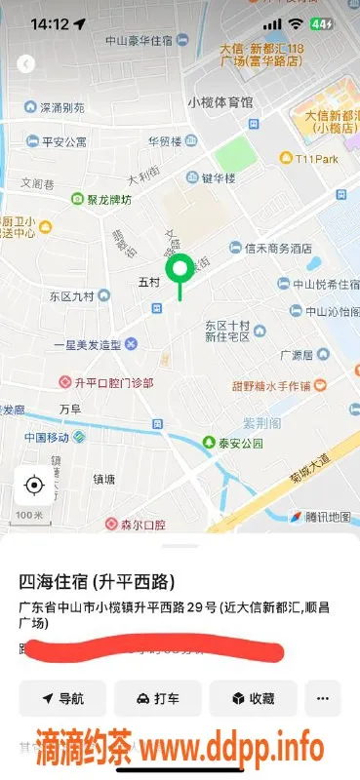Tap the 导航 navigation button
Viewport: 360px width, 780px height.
click(60, 698)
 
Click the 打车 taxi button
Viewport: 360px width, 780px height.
click(157, 698)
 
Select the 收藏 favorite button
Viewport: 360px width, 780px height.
click(254, 698)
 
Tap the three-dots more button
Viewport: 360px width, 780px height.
click(323, 698)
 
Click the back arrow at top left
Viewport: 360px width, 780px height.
click(26, 64)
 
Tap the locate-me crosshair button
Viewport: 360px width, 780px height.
click(35, 485)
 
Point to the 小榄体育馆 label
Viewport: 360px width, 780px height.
click(220, 102)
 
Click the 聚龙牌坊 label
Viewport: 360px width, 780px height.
click(107, 199)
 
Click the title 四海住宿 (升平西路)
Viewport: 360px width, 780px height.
click(98, 582)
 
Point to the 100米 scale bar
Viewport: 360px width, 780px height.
click(29, 515)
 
